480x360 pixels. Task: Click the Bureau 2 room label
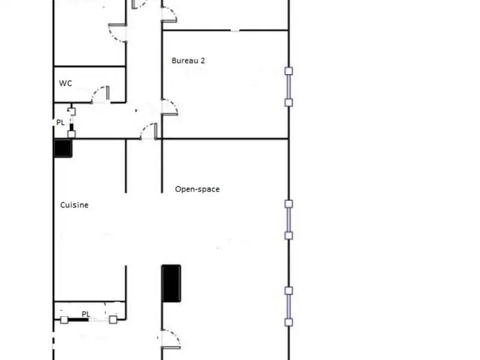point(189,61)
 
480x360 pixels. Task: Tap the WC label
point(65,83)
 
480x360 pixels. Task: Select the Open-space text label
point(197,189)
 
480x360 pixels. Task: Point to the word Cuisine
point(74,205)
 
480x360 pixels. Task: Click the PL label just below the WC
point(61,122)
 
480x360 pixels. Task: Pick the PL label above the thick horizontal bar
point(86,313)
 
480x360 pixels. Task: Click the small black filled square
point(63,148)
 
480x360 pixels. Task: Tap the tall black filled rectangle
point(171,283)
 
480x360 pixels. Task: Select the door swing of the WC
point(99,95)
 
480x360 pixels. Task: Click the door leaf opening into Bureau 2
point(170,107)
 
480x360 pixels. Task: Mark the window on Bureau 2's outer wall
point(289,87)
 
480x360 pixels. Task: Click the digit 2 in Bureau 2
point(204,61)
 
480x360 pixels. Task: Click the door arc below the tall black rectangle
point(169,339)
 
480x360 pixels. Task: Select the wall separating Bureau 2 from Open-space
point(225,139)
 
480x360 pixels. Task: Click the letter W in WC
point(62,83)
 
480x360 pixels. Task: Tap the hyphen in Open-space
point(197,190)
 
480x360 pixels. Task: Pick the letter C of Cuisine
point(62,205)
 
